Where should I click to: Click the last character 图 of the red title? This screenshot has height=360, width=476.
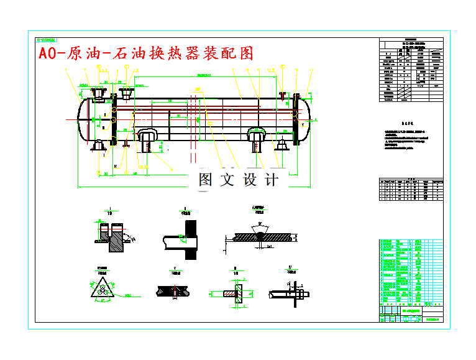(x=246, y=53)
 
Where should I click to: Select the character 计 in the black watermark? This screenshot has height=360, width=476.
(x=272, y=180)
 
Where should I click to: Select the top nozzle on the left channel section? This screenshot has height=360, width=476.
(x=98, y=95)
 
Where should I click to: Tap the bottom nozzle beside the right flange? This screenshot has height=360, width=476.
(x=281, y=145)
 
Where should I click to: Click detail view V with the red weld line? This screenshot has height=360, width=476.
(x=176, y=290)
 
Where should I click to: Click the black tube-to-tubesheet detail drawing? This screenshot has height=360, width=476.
(x=185, y=239)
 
